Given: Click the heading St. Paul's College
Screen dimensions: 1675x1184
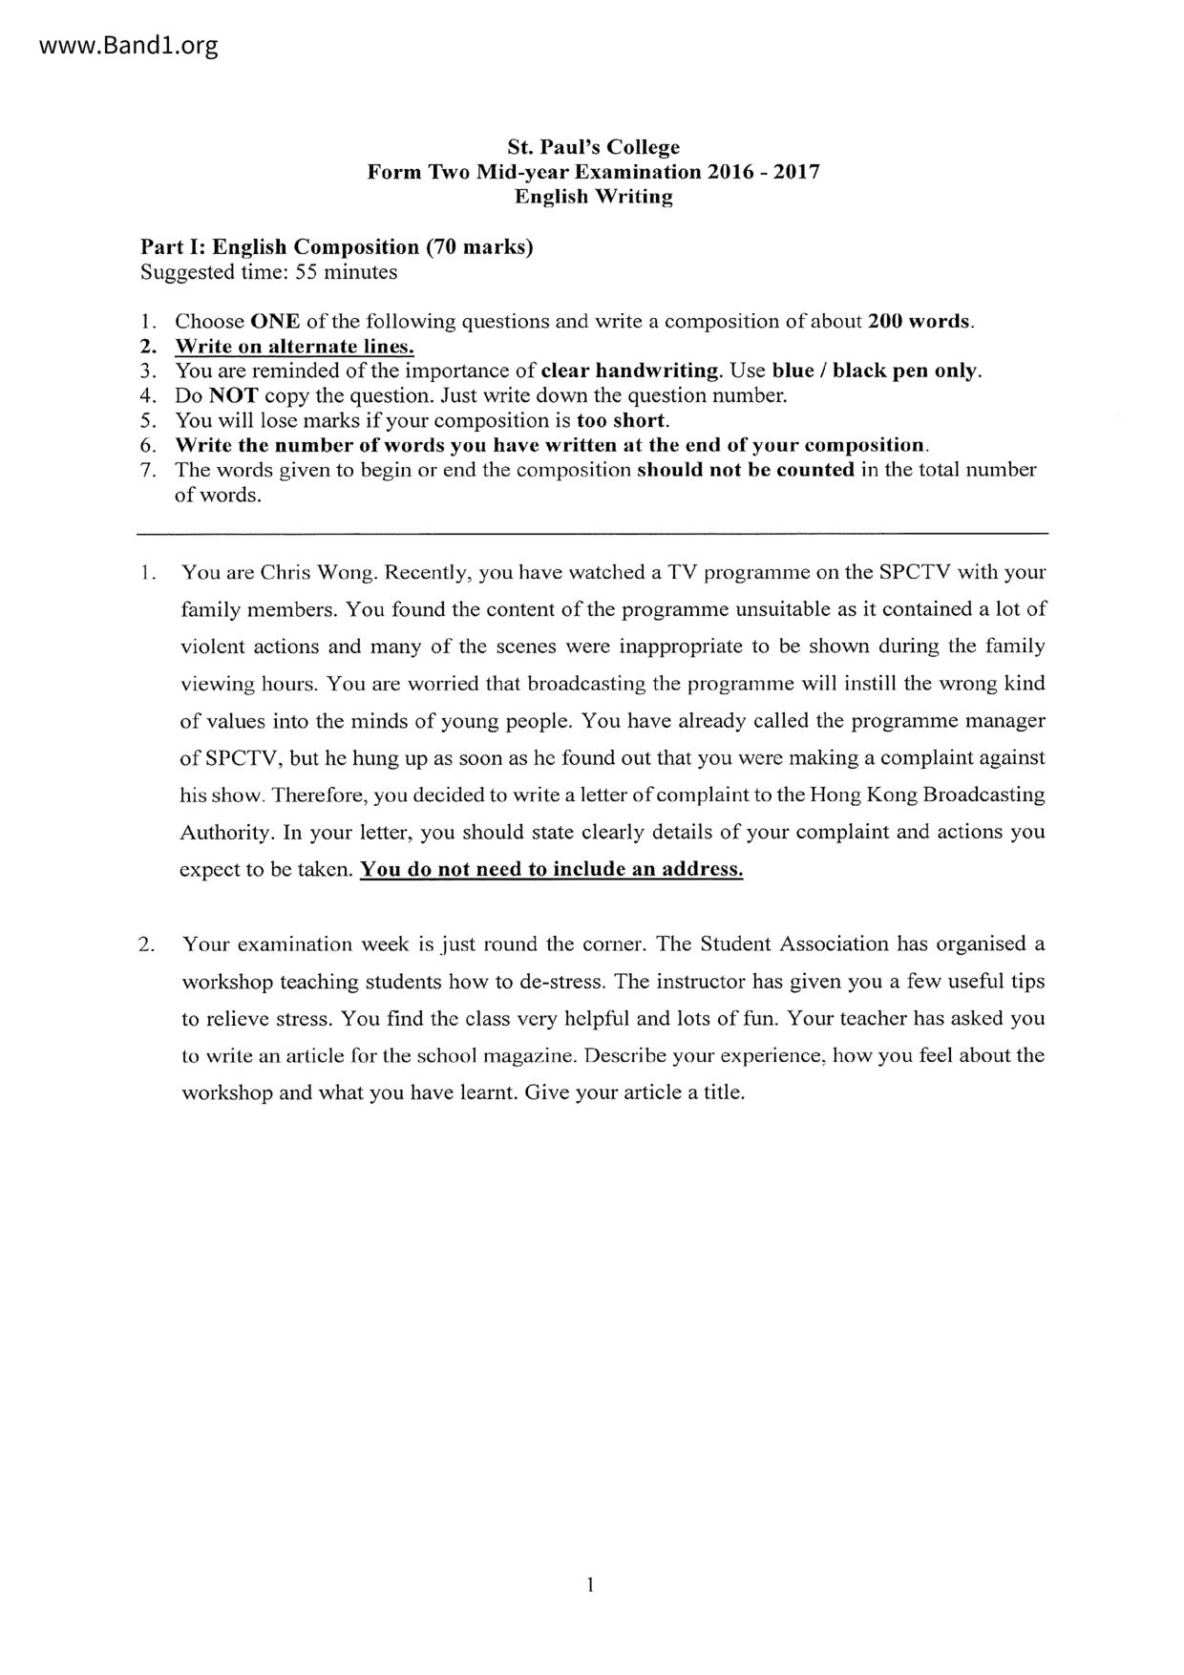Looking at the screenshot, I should point(593,147).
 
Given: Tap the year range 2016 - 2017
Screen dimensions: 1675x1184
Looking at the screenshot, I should point(763,172).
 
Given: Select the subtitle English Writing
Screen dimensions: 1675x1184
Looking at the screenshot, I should point(593,197).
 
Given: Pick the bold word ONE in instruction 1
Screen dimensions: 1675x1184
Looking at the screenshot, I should point(275,321).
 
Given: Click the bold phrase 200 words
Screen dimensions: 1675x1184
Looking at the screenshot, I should point(920,321).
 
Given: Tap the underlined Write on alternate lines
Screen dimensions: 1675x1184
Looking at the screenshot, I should point(294,346).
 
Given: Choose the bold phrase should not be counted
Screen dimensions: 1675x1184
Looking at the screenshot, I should point(745,470).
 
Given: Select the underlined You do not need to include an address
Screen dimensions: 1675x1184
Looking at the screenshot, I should point(551,869).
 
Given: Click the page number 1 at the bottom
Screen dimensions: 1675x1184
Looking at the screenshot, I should point(591,1585).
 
